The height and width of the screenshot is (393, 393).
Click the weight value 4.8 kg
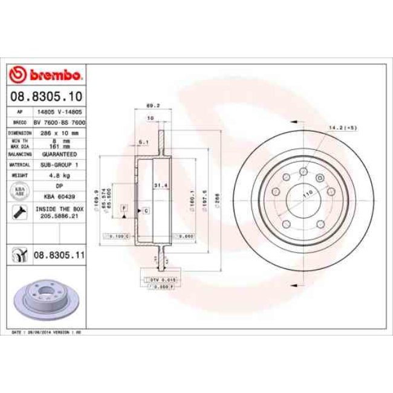(59, 175)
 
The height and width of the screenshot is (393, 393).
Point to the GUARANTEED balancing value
(59, 154)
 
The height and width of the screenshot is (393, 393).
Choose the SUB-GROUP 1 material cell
(59, 164)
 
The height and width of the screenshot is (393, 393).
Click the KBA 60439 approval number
(59, 197)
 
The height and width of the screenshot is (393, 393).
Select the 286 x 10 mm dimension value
(59, 132)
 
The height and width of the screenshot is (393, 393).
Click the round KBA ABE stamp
(19, 192)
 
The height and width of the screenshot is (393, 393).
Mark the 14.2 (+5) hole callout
(342, 128)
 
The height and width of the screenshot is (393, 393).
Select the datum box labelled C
(146, 210)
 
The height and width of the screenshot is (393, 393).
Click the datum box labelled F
(124, 207)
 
